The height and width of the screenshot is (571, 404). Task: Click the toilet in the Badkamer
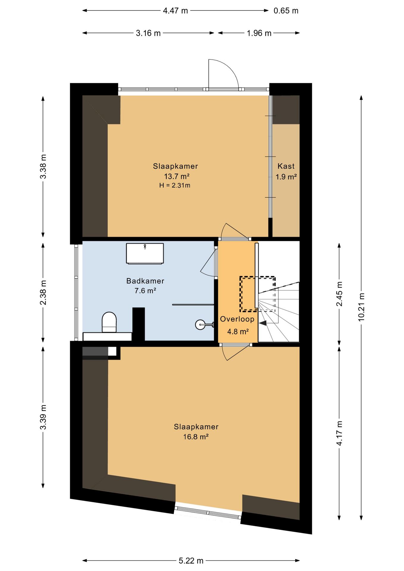(109, 322)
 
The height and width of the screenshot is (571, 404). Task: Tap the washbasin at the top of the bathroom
(145, 253)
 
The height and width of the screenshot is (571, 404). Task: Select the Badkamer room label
(145, 281)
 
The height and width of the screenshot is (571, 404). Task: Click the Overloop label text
(237, 319)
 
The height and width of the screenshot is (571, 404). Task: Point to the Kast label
(286, 166)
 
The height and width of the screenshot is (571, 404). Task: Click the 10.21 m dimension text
(361, 307)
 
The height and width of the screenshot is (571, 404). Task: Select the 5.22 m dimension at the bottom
(191, 561)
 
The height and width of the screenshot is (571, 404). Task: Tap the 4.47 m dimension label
(176, 11)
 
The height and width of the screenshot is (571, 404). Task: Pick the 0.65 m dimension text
(286, 11)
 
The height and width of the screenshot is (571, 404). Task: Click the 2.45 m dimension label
(339, 294)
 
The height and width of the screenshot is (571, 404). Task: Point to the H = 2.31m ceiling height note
(175, 185)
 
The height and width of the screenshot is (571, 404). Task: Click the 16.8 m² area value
(196, 437)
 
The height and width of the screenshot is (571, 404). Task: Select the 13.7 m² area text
(177, 176)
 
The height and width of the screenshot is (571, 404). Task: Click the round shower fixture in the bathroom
(200, 324)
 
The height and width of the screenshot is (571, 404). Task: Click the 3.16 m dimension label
(148, 33)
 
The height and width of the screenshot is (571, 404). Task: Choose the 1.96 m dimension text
(259, 33)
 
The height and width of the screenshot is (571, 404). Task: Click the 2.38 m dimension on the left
(43, 293)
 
